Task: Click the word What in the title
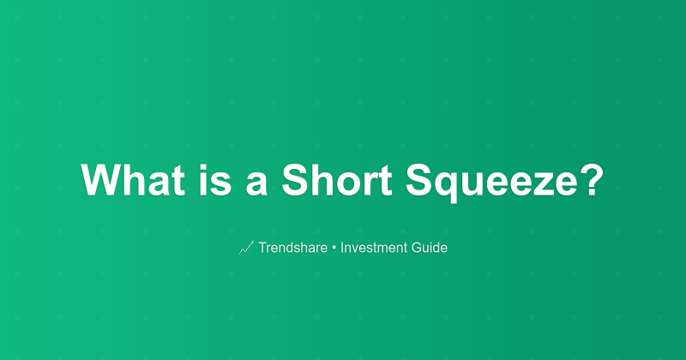[129, 181]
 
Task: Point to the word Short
[330, 181]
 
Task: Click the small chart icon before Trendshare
[246, 249]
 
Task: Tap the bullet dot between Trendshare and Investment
[334, 249]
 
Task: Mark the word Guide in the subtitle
[430, 249]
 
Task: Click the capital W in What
[101, 181]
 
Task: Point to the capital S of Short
[294, 181]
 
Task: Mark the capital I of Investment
[342, 249]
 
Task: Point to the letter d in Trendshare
[292, 249]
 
